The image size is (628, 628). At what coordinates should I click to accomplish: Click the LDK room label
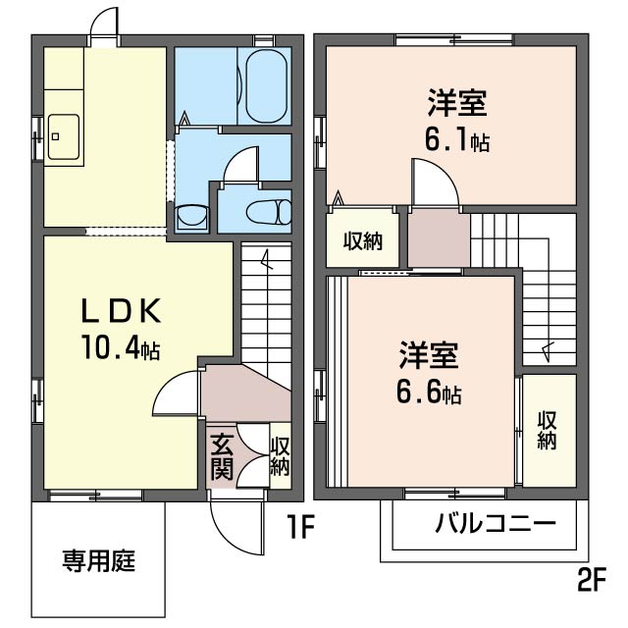coord(122,312)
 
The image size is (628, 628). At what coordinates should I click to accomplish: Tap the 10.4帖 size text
coord(121,347)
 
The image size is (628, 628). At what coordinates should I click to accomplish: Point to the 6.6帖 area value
coord(429,392)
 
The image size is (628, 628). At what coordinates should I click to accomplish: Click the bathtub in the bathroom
coord(266,86)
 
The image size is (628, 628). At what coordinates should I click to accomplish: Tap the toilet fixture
coord(269,212)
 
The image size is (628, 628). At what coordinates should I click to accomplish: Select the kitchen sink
coord(63,137)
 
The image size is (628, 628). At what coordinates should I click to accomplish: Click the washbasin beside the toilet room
coord(192,218)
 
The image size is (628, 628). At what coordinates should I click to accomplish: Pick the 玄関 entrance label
coord(222,456)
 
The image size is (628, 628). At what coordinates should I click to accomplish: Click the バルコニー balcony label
coord(496,523)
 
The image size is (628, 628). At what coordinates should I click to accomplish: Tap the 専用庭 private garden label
coord(98,560)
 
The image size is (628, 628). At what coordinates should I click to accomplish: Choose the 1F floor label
coord(300,527)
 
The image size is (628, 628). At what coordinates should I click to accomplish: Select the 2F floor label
coord(592,580)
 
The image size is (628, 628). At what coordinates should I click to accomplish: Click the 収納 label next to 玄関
coord(280,456)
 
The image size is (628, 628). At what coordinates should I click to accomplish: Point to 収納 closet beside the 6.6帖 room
coord(548,430)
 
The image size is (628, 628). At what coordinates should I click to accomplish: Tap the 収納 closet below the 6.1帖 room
coord(363,241)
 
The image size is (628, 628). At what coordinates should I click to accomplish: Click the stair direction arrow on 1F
coord(266,259)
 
